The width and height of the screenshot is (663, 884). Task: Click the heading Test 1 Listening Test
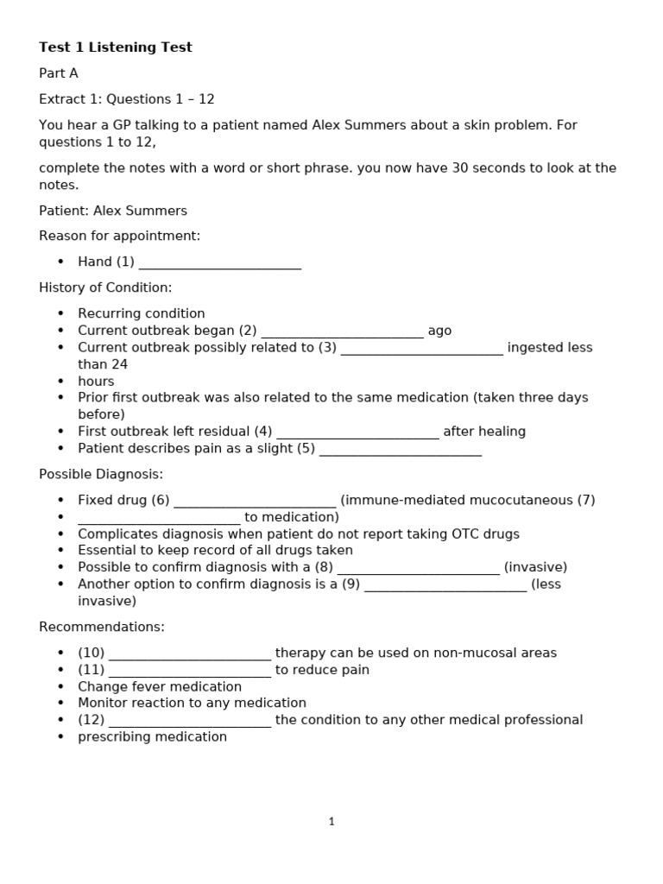pos(116,47)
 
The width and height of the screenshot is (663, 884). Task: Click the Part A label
pos(59,73)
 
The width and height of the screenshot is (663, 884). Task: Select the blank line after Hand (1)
pos(219,262)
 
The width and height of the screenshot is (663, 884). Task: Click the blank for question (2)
pos(342,331)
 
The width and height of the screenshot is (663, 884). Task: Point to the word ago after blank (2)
pos(439,331)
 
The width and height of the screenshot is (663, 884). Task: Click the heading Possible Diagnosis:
pos(101,474)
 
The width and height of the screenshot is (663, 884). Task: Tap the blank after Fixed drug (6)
pos(254,501)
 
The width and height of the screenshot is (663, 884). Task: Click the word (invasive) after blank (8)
pos(535,567)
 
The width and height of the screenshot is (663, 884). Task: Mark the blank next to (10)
pos(190,654)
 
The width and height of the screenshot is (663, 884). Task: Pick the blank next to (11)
pos(190,671)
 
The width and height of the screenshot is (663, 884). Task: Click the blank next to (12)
pos(190,721)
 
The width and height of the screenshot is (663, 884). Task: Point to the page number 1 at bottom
pos(331,822)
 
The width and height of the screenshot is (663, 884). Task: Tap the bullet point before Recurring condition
pos(60,313)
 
